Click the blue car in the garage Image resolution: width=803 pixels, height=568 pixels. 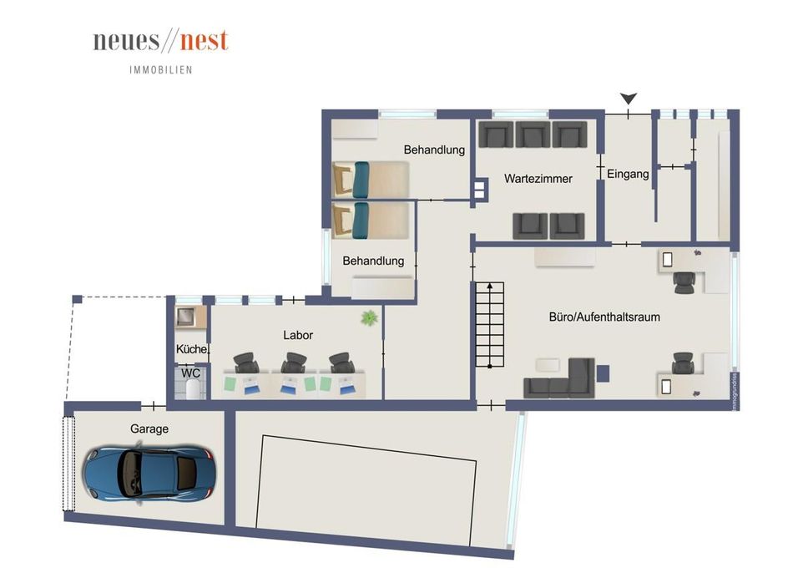coord(148,472)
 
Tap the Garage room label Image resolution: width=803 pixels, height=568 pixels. coord(149,429)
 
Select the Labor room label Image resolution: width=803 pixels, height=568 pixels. coord(298,335)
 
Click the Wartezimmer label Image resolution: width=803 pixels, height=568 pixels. coord(538,178)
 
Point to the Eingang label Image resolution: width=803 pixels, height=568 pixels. coord(628,175)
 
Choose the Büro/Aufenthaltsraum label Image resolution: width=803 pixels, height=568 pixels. coord(605,317)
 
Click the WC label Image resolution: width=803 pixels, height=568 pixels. coord(191,373)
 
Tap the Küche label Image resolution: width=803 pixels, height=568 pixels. coord(191,349)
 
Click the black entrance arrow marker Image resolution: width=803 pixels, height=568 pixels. coord(629,99)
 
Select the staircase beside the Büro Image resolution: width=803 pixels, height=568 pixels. coord(490,325)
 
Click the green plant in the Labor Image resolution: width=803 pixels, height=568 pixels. coord(367,317)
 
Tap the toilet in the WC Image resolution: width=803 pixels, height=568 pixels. coord(193,390)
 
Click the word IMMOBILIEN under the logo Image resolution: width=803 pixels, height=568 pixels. coord(161,70)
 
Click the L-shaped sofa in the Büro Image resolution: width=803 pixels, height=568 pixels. coord(561,380)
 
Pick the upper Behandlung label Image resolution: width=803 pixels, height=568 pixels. coord(433,150)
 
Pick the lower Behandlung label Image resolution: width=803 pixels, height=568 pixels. coord(373,261)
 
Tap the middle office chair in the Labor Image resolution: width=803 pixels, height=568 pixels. coord(293,363)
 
